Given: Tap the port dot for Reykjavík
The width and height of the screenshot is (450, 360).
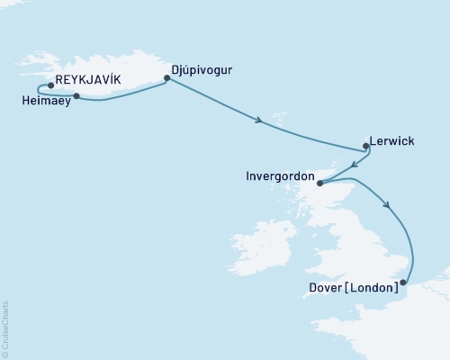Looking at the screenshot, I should [51, 86].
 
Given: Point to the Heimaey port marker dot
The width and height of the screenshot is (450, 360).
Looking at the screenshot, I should [76, 95].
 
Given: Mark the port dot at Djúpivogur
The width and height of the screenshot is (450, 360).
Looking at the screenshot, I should [166, 78].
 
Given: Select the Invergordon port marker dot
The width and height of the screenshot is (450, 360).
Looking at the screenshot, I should [319, 183].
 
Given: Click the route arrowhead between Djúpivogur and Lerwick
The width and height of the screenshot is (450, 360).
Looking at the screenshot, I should [259, 120].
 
